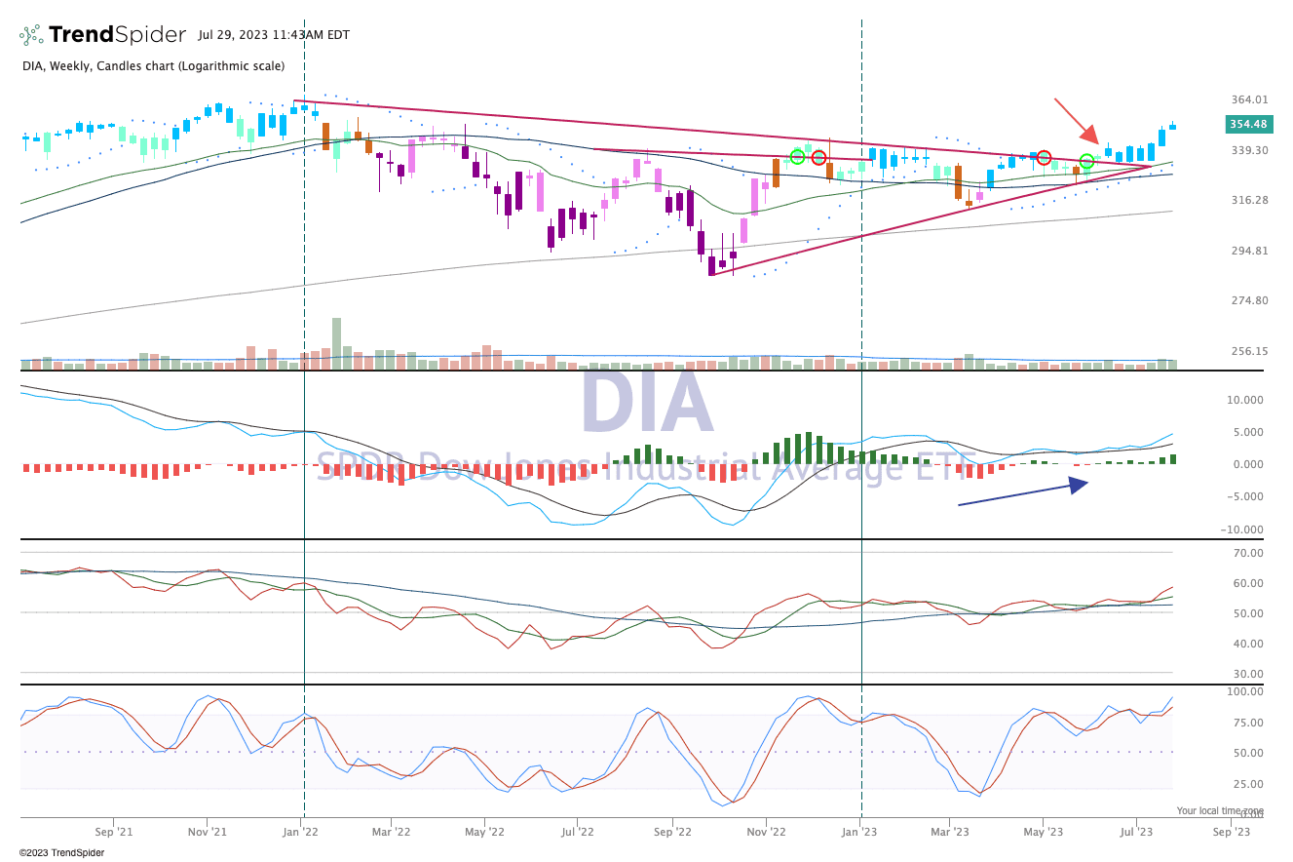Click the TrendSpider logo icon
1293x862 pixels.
(31, 35)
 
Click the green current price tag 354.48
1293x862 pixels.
(1248, 124)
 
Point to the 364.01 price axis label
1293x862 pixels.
(1248, 99)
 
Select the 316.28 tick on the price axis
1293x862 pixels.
(1248, 200)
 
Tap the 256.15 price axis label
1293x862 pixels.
(1248, 351)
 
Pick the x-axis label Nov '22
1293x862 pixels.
(766, 832)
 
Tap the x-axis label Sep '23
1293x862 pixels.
(1231, 832)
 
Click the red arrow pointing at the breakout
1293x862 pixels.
(1076, 121)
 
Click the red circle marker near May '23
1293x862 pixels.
(1044, 157)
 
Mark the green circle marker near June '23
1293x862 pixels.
(1086, 161)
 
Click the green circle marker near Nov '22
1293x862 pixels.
(797, 156)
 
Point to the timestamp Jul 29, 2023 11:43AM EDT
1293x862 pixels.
(273, 35)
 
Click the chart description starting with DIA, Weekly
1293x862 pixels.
(153, 66)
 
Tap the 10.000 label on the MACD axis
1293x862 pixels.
(1245, 400)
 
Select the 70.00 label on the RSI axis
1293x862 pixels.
(1247, 553)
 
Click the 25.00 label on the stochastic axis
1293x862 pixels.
(1247, 784)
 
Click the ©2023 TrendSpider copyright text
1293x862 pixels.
(61, 852)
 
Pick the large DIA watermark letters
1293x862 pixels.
(647, 404)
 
